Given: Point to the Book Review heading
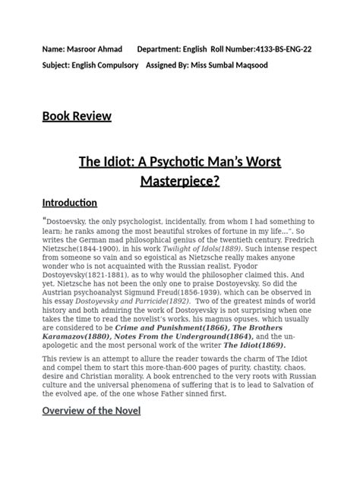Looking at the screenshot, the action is [x=77, y=116].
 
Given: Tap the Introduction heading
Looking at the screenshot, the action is [x=70, y=203].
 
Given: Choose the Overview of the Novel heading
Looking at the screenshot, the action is [x=91, y=411].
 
